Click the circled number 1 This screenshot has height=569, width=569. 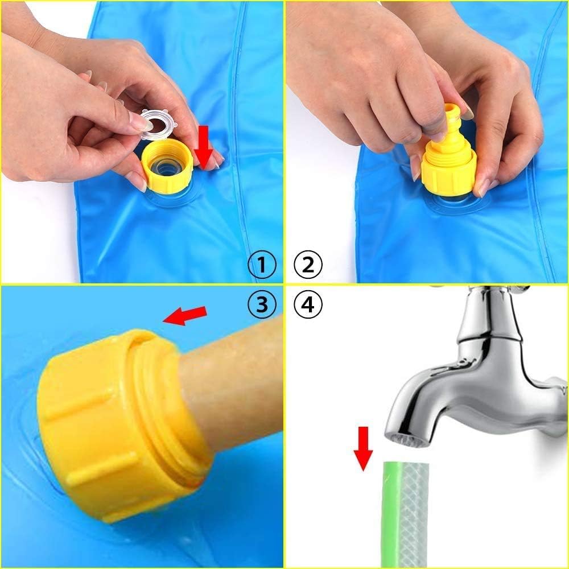(262, 265)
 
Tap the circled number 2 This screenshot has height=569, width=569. (308, 265)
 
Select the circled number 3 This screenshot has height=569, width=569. (262, 305)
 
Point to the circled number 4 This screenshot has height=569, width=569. (308, 305)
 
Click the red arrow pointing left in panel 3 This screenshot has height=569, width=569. (184, 315)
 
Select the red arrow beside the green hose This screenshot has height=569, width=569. (363, 448)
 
